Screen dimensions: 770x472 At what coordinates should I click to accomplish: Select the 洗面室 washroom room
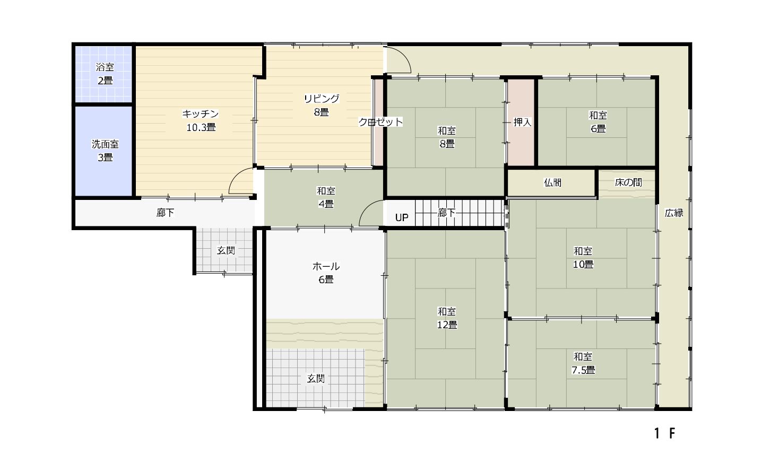pyautogui.click(x=104, y=151)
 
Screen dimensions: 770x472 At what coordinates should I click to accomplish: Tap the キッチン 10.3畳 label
pyautogui.click(x=201, y=120)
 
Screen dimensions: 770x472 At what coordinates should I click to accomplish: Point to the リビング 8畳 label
pyautogui.click(x=322, y=105)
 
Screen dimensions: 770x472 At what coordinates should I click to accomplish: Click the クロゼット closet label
pyautogui.click(x=380, y=122)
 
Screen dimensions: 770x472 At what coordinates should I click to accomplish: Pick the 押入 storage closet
pyautogui.click(x=521, y=123)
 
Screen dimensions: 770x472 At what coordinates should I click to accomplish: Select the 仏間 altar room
pyautogui.click(x=551, y=183)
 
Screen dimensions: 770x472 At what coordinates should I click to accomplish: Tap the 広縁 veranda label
pyautogui.click(x=674, y=213)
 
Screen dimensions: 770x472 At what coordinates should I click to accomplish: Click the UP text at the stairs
pyautogui.click(x=402, y=217)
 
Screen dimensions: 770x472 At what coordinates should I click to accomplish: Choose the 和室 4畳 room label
pyautogui.click(x=325, y=197)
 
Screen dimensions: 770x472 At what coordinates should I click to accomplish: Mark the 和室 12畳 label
pyautogui.click(x=447, y=318)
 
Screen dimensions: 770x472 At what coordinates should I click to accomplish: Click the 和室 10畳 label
pyautogui.click(x=583, y=257)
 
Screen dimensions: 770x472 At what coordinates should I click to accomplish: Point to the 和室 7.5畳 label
pyautogui.click(x=583, y=363)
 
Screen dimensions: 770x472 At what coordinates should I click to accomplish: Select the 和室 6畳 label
pyautogui.click(x=598, y=121)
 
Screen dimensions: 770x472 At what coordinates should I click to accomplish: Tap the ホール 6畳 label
pyautogui.click(x=326, y=273)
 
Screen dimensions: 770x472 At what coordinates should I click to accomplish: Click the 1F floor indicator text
pyautogui.click(x=664, y=433)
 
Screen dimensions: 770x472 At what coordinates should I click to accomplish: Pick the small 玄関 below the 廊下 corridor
pyautogui.click(x=226, y=250)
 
